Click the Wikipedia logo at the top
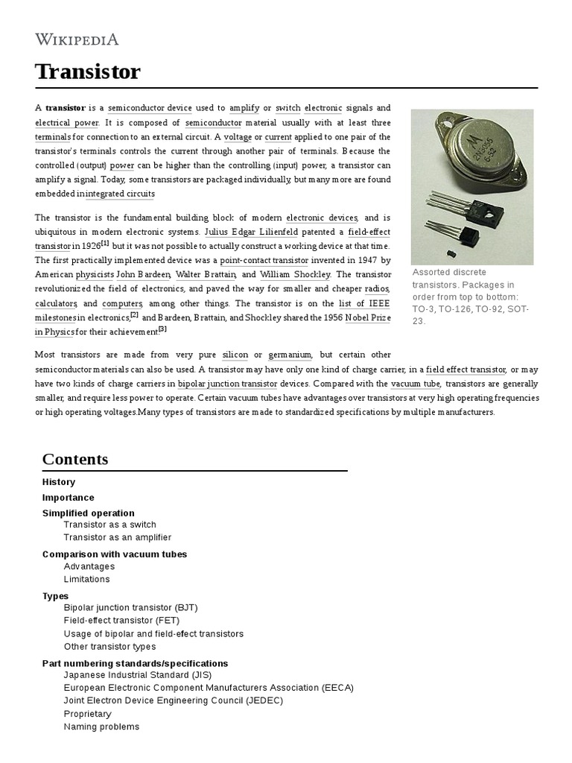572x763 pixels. click(x=77, y=39)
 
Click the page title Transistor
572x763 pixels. click(x=87, y=72)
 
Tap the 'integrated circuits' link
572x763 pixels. click(x=121, y=194)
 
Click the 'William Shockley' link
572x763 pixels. click(x=296, y=274)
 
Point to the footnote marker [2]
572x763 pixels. click(x=134, y=314)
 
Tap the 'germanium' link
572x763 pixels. click(x=290, y=355)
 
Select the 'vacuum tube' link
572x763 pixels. click(x=416, y=383)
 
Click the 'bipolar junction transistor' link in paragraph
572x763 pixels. click(x=227, y=384)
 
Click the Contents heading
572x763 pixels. click(x=75, y=459)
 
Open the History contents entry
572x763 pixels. click(x=59, y=482)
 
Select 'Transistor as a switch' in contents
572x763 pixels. click(x=109, y=525)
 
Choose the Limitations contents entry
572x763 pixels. click(x=86, y=579)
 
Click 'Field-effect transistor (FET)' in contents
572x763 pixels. click(x=121, y=620)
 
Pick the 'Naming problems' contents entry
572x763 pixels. click(x=101, y=726)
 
